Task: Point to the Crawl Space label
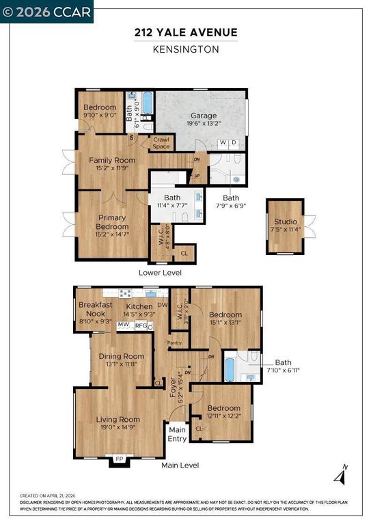coord(161,143)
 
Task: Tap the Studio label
coord(286,222)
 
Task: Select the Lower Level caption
coord(160,272)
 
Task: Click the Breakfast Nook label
coord(95,308)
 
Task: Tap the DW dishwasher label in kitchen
coord(162,306)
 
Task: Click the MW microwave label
coord(124,325)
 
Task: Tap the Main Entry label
coord(178,434)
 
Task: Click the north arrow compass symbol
coord(341,474)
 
